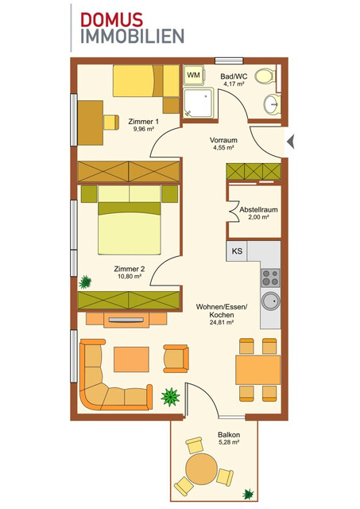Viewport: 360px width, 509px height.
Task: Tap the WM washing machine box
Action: (193, 75)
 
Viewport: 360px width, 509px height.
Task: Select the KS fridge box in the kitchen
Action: (237, 251)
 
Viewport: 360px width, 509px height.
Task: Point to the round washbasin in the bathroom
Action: (272, 103)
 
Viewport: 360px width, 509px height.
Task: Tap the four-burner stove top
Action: (270, 278)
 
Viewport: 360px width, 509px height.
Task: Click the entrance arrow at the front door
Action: (291, 142)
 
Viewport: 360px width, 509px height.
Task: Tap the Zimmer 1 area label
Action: (143, 125)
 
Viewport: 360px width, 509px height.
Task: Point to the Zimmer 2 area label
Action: (130, 273)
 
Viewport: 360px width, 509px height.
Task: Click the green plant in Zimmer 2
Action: (86, 281)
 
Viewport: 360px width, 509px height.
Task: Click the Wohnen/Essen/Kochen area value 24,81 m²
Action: (221, 322)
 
